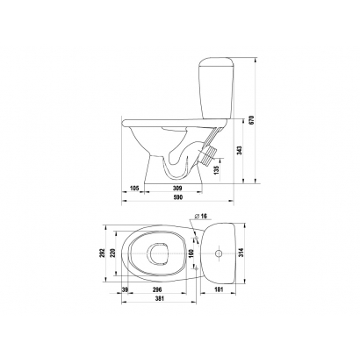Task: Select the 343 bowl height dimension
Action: coord(240,150)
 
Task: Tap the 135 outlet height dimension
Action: coord(217,169)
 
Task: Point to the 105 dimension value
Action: coord(134,188)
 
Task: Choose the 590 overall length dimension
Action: coord(177,197)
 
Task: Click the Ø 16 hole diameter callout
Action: coord(200,216)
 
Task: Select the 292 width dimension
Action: coord(102,253)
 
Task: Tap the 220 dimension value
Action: coord(113,253)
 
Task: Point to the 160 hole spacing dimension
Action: coord(191,253)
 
